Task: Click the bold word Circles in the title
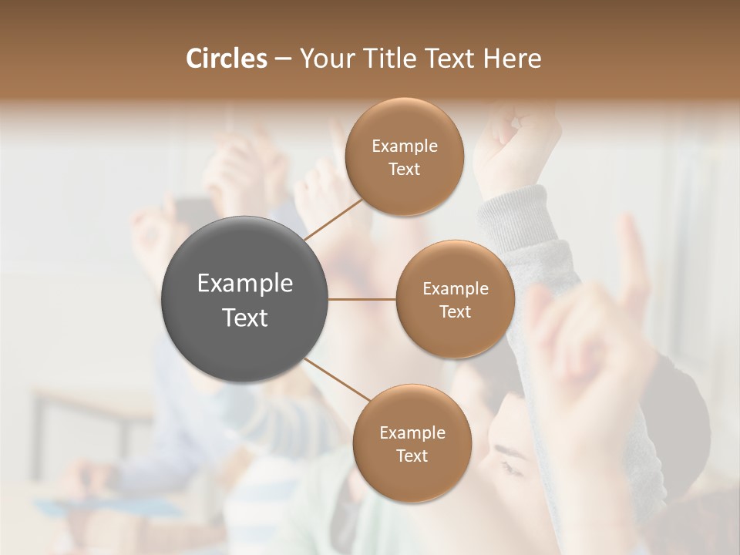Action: (226, 59)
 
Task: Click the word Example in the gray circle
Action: (245, 284)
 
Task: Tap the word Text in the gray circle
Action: (245, 318)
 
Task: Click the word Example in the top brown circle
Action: (405, 146)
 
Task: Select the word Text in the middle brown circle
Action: (455, 312)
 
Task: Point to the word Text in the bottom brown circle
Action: (412, 456)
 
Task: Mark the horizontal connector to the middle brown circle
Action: (362, 299)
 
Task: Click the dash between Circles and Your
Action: (282, 59)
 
